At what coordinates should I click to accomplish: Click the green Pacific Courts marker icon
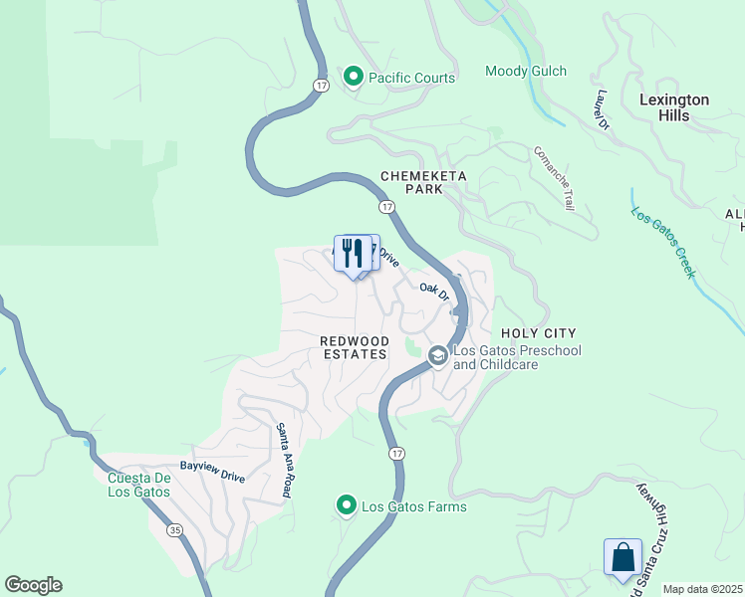point(353,77)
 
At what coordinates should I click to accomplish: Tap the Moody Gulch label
point(525,71)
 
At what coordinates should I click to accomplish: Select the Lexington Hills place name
point(674,107)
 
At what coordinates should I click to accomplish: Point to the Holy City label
point(539,332)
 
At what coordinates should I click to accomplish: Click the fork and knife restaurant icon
point(352,254)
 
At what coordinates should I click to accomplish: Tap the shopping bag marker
point(622,557)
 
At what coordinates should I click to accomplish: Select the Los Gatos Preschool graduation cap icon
point(437,355)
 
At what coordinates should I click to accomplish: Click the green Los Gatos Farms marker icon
point(346,506)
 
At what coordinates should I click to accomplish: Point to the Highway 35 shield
point(175,531)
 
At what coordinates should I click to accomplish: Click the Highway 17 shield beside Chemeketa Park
point(385,206)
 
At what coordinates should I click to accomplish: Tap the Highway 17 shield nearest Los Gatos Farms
point(396,454)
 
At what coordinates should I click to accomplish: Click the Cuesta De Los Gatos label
point(139,485)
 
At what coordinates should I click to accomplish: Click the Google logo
point(33,585)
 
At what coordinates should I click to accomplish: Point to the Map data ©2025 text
point(702,589)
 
